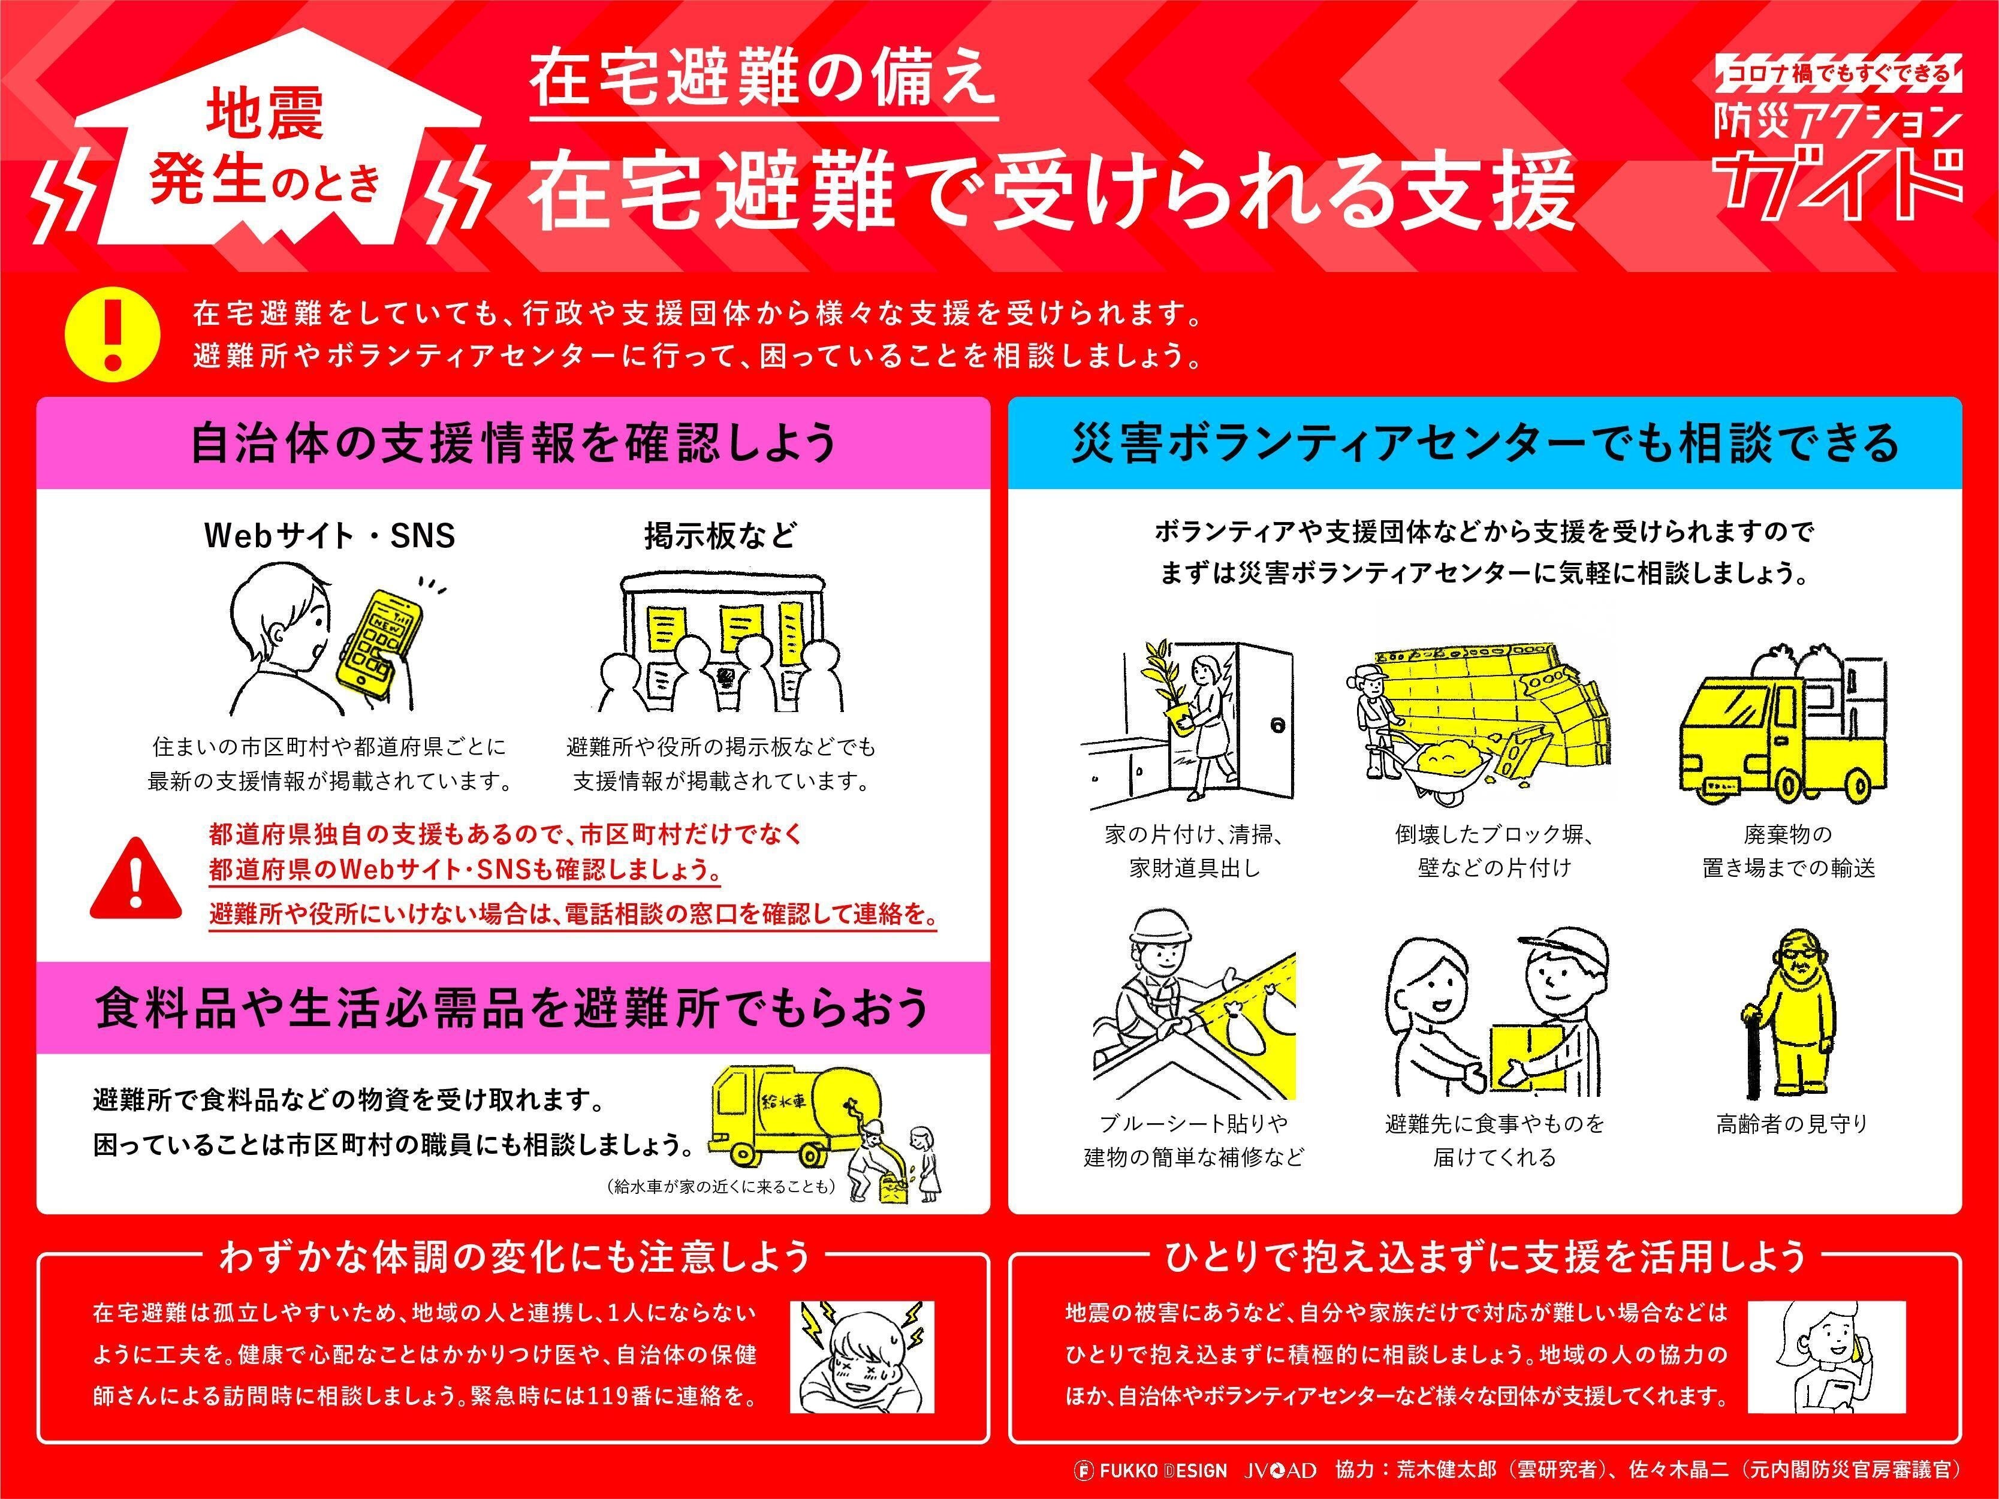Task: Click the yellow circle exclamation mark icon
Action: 113,333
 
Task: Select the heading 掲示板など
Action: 720,536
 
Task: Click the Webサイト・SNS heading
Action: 330,536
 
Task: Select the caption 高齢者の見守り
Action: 1791,1123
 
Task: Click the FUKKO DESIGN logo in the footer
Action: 1150,1470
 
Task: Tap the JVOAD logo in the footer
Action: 1280,1470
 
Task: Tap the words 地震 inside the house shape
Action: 265,114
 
